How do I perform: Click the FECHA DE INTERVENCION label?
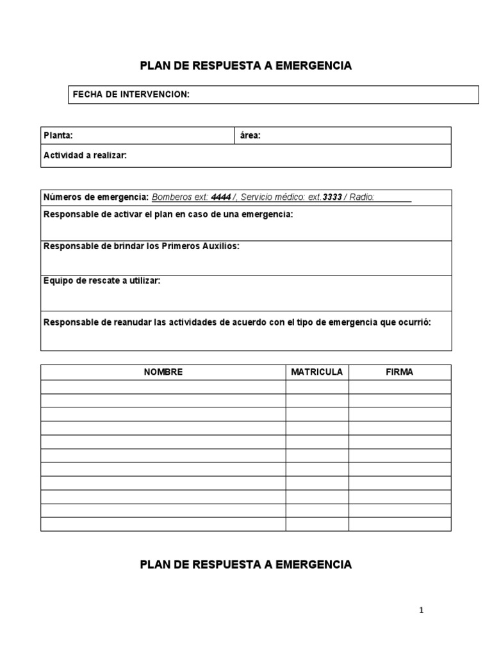(x=131, y=94)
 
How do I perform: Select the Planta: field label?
(x=58, y=135)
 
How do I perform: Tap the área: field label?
(x=250, y=135)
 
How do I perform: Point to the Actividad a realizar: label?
(x=85, y=155)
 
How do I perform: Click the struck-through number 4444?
(x=221, y=197)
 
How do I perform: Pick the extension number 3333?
(x=332, y=197)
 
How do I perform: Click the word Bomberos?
(x=172, y=197)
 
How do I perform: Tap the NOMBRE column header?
(x=163, y=372)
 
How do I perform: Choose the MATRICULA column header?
(x=316, y=372)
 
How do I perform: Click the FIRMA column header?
(x=399, y=372)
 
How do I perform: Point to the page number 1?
(x=422, y=611)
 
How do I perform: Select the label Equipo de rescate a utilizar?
(x=101, y=281)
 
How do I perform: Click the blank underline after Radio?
(x=393, y=199)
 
